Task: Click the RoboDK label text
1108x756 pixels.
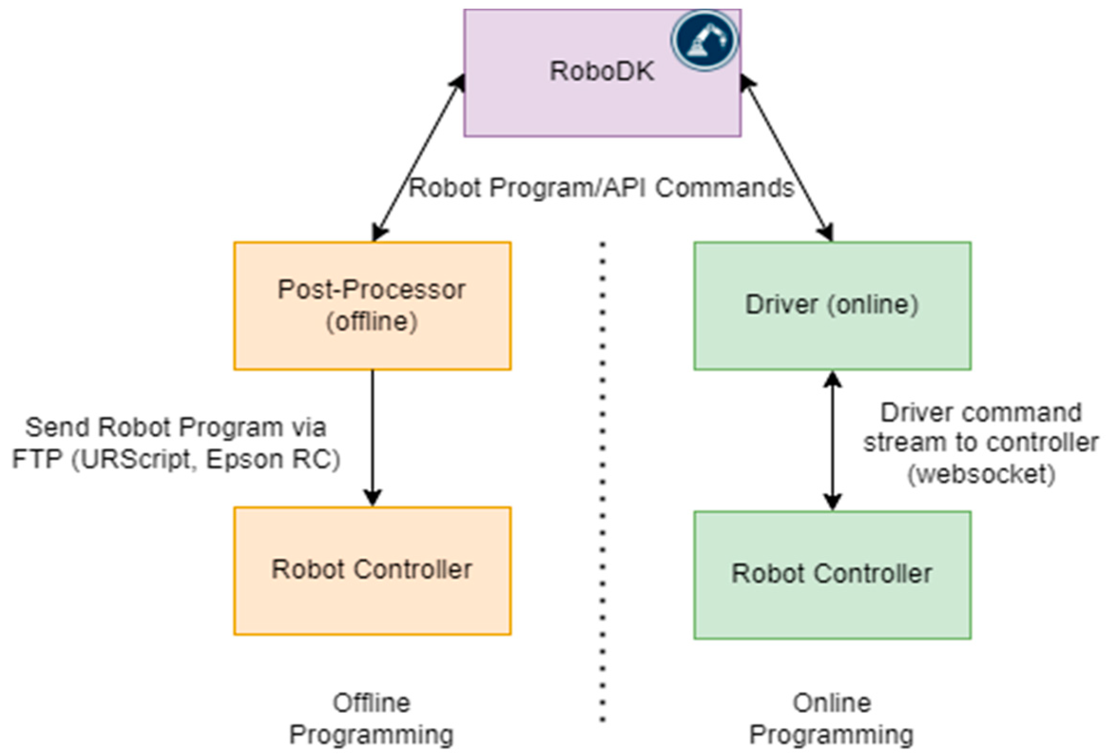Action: pos(602,71)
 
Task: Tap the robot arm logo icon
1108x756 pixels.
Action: pos(704,40)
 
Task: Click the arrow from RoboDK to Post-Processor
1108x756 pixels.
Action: pos(419,157)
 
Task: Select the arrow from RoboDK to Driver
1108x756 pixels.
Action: pos(787,157)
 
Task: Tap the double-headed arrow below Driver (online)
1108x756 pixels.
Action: pos(832,441)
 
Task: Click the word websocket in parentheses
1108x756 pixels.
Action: pos(981,474)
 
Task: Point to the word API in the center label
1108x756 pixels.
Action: pos(624,187)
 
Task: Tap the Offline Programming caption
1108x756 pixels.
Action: pos(371,718)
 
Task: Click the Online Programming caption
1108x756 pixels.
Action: pos(831,718)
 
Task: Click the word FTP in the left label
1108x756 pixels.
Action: pos(37,459)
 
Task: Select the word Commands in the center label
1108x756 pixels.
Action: pos(724,187)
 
